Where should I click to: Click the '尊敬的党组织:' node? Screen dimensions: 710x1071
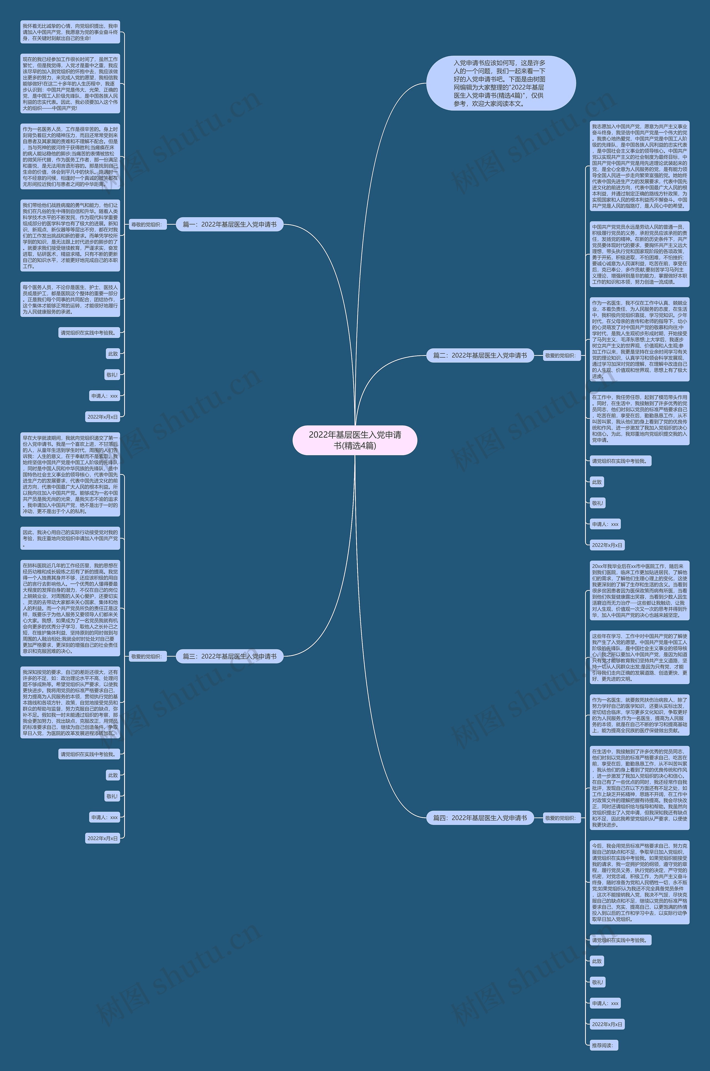click(x=146, y=225)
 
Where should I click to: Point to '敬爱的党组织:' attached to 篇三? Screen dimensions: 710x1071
click(x=146, y=657)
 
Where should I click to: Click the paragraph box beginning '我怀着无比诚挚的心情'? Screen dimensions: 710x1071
click(x=70, y=32)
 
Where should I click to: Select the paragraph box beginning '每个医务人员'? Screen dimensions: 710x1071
click(x=70, y=299)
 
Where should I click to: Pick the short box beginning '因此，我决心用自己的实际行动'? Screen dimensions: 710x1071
click(x=70, y=538)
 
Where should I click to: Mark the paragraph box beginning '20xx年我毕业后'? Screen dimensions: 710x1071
click(x=639, y=591)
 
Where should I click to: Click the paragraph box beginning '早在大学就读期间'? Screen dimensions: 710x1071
click(x=70, y=475)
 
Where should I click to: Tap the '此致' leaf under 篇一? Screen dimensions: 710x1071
click(x=113, y=354)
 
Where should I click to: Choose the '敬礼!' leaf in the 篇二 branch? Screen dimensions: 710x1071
click(x=597, y=503)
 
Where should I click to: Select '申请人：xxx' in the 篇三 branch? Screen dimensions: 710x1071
click(x=104, y=817)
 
